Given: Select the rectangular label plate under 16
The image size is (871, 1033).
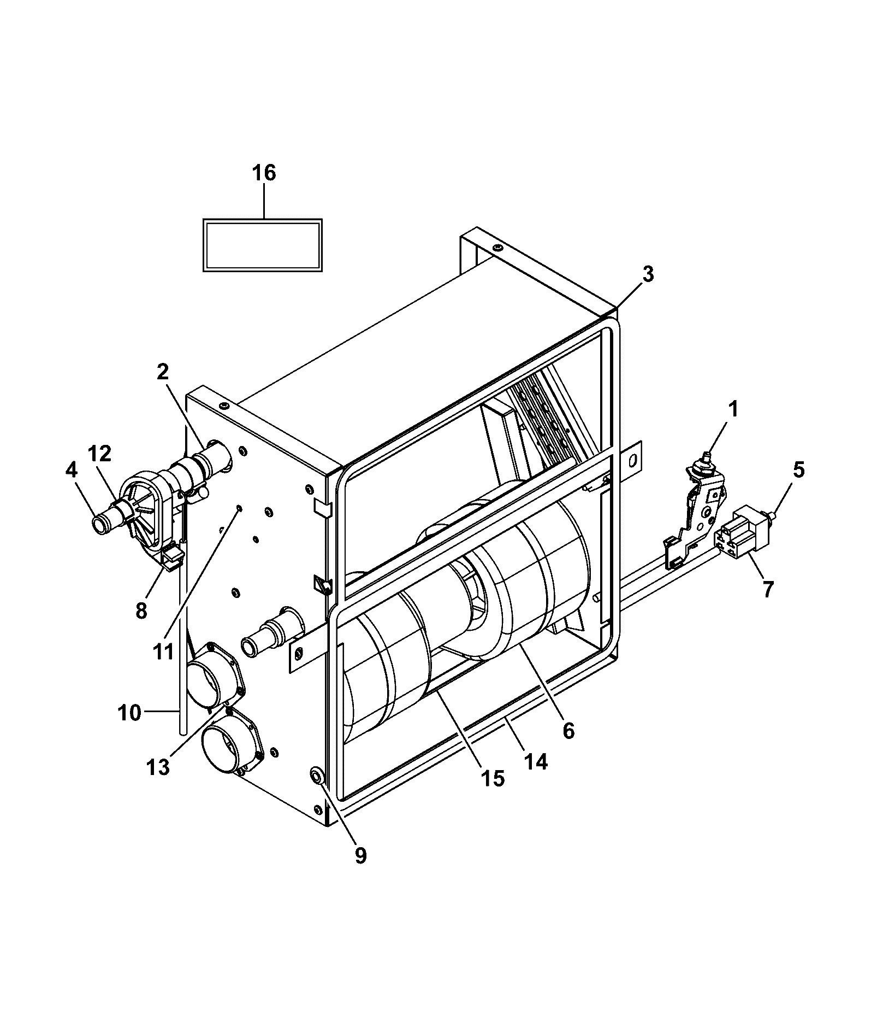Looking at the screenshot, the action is tap(262, 245).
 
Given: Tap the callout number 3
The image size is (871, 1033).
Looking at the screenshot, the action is tap(648, 275).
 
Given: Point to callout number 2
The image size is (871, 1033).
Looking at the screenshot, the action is tap(162, 372).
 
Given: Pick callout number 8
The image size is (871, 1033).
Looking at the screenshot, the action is tap(141, 610).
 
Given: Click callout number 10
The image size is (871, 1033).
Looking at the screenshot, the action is tap(129, 713).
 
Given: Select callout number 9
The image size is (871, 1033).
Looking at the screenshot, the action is tap(360, 855).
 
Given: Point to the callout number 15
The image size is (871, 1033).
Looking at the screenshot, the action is tap(493, 778).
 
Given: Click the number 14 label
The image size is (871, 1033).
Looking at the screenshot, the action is tap(536, 761).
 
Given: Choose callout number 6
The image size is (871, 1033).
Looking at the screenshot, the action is tap(568, 730).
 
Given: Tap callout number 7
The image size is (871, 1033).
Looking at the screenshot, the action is tap(768, 589).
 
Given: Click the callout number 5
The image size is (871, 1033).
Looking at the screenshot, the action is tap(798, 470).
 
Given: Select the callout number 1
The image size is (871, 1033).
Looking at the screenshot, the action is tap(733, 408).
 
